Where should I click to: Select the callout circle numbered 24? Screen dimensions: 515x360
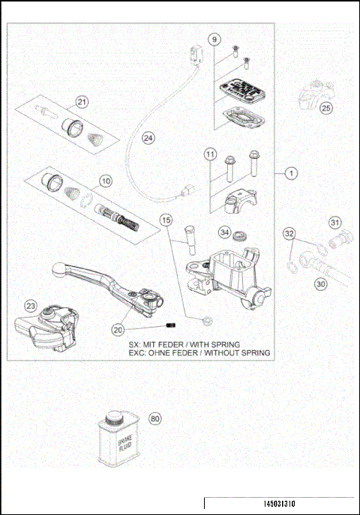pyautogui.click(x=148, y=138)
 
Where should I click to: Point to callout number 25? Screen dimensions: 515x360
pyautogui.click(x=325, y=109)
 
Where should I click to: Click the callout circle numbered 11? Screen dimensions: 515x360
pyautogui.click(x=211, y=155)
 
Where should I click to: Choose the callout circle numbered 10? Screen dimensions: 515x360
pyautogui.click(x=106, y=181)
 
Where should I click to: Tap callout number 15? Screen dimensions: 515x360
pyautogui.click(x=166, y=220)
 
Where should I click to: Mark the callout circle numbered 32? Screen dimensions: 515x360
pyautogui.click(x=289, y=234)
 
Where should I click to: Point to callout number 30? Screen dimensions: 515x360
pyautogui.click(x=320, y=284)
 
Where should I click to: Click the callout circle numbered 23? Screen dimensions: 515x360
pyautogui.click(x=30, y=305)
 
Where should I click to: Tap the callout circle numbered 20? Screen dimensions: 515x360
pyautogui.click(x=118, y=329)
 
